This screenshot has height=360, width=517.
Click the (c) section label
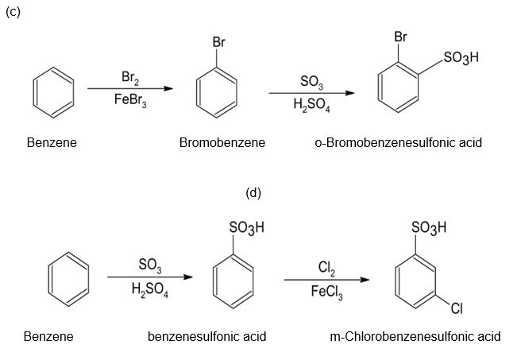(11, 10)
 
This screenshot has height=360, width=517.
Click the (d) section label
(253, 192)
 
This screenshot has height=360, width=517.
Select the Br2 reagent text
(129, 77)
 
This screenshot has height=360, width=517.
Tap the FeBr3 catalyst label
(129, 100)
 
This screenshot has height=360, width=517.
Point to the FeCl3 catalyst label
(326, 290)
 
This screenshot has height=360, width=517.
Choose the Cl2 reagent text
(326, 267)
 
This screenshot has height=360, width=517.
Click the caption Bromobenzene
(222, 143)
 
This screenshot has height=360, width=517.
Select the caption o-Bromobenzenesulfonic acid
(398, 143)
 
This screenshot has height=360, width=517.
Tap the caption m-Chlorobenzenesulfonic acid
(415, 336)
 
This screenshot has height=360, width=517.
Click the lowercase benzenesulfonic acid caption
(207, 336)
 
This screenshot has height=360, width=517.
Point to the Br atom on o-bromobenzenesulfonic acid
(400, 37)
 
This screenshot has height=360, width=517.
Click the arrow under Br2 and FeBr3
(129, 89)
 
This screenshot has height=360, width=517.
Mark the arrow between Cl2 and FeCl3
(326, 279)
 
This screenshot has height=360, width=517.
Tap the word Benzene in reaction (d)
(48, 336)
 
